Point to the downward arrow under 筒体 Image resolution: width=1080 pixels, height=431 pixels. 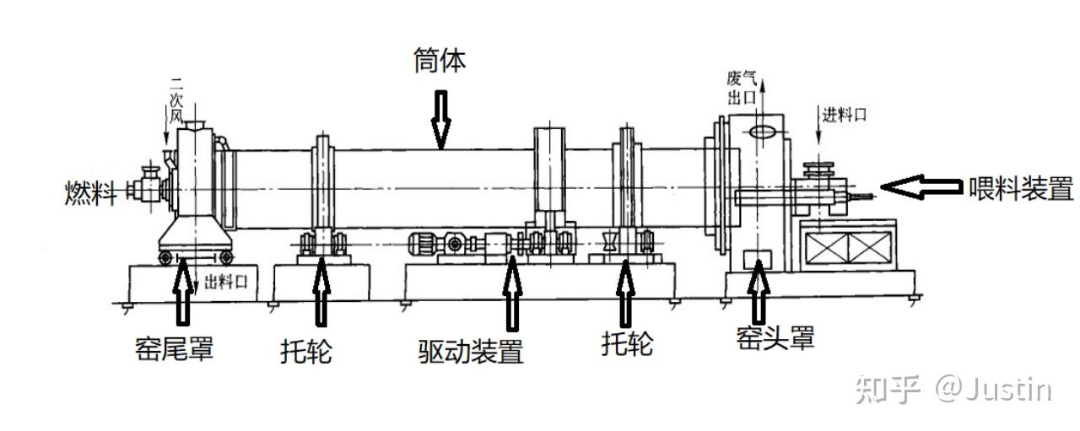click(440, 119)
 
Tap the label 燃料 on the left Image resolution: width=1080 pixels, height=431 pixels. click(89, 192)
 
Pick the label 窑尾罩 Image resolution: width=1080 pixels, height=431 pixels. click(174, 347)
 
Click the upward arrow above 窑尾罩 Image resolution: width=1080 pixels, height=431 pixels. click(182, 292)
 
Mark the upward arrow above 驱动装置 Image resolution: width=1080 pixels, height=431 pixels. click(511, 292)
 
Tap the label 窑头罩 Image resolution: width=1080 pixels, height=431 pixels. click(775, 338)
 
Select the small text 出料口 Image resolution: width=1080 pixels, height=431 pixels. click(226, 283)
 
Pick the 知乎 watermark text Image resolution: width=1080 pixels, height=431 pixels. click(886, 389)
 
